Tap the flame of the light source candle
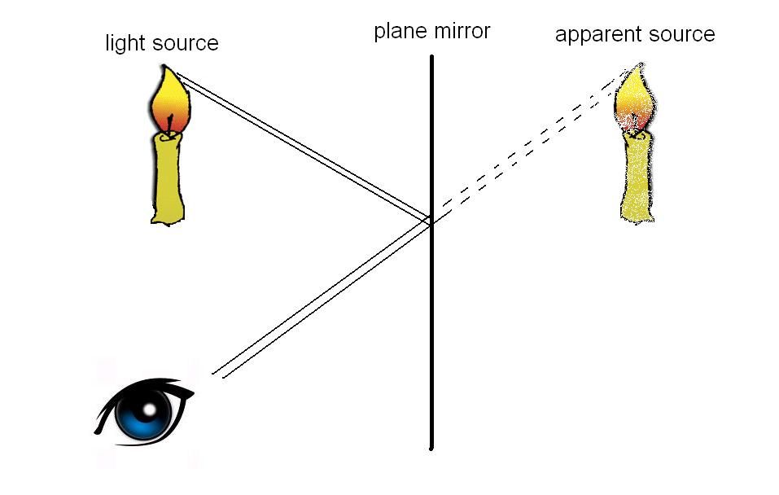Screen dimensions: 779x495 coord(168,101)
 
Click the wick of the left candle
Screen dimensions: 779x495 coord(170,125)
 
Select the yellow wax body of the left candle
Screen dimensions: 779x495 coord(168,178)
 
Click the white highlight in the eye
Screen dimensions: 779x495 coord(149,409)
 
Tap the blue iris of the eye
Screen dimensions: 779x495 coord(143,414)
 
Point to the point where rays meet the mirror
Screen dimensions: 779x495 coord(431,221)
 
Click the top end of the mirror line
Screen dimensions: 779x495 coord(431,56)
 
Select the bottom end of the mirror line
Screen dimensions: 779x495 coord(431,449)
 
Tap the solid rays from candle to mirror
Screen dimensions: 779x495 coord(303,147)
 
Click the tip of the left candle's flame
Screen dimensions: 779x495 coord(164,65)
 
